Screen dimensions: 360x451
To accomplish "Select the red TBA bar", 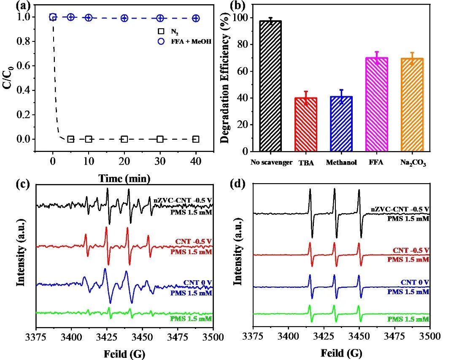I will click(x=305, y=124).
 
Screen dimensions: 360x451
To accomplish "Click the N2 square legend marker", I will click(x=161, y=31).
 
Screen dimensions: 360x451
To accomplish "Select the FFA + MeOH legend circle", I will click(x=161, y=41).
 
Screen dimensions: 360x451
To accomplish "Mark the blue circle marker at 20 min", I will click(x=124, y=18).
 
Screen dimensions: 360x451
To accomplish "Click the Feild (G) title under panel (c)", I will click(x=124, y=353).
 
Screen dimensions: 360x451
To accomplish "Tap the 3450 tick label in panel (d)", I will click(x=359, y=336).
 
